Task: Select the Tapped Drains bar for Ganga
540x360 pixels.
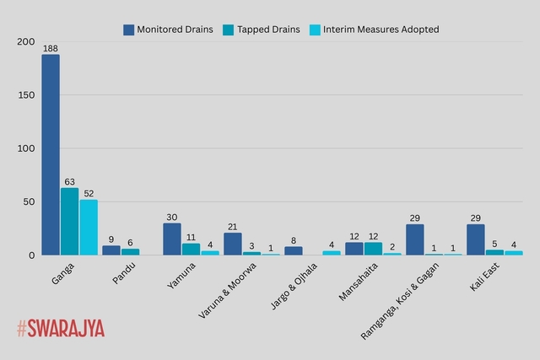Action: [x=69, y=221]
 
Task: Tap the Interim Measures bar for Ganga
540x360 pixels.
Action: [x=89, y=227]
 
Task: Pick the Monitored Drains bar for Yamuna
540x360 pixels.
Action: [x=172, y=239]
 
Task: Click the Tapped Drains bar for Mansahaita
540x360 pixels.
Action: [x=373, y=249]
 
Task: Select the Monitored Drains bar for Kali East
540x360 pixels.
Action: [x=476, y=239]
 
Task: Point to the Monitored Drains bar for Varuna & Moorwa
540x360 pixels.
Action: [x=233, y=244]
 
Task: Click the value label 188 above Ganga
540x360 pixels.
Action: [x=51, y=48]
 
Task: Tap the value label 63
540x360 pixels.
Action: [x=69, y=181]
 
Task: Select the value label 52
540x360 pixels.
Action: [x=89, y=193]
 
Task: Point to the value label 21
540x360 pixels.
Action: [x=233, y=226]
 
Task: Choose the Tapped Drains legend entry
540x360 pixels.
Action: [x=262, y=30]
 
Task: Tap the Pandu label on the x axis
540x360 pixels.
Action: [x=125, y=274]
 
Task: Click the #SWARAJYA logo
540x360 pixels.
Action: [x=61, y=329]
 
